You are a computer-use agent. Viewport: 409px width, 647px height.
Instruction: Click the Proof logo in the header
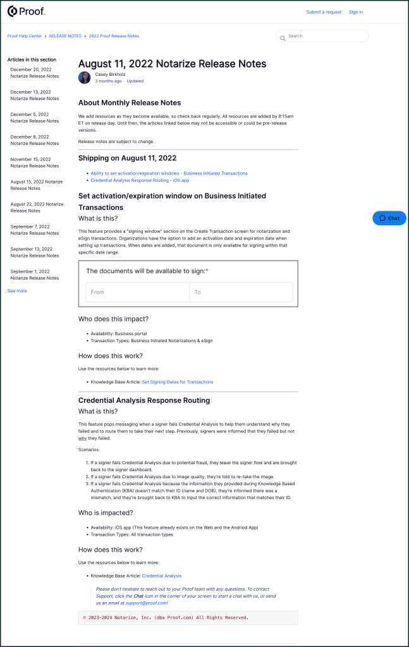pyautogui.click(x=26, y=11)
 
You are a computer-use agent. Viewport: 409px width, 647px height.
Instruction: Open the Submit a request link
pyautogui.click(x=324, y=12)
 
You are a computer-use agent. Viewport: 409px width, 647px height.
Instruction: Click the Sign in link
pyautogui.click(x=356, y=12)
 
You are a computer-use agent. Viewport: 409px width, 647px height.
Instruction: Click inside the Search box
pyautogui.click(x=326, y=36)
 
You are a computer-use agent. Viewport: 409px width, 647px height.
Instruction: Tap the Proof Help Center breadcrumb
pyautogui.click(x=25, y=36)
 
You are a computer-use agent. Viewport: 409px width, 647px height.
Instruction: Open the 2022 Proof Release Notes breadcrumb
pyautogui.click(x=114, y=36)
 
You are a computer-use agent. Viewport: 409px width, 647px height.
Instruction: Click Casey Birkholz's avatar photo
pyautogui.click(x=85, y=78)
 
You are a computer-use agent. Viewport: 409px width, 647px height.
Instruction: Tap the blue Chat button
pyautogui.click(x=389, y=218)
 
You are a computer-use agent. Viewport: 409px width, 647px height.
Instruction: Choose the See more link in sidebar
pyautogui.click(x=17, y=291)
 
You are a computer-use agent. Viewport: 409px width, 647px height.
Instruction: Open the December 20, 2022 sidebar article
pyautogui.click(x=35, y=73)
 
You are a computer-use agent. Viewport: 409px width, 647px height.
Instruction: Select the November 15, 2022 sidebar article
pyautogui.click(x=35, y=163)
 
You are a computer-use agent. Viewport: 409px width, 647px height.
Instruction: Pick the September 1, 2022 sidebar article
pyautogui.click(x=35, y=274)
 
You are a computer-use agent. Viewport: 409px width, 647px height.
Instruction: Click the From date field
pyautogui.click(x=137, y=292)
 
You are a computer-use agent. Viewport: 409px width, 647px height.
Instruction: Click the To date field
pyautogui.click(x=241, y=292)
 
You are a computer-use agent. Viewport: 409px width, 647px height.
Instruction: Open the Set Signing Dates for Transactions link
pyautogui.click(x=178, y=382)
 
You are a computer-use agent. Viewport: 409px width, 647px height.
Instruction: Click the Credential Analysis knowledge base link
pyautogui.click(x=162, y=576)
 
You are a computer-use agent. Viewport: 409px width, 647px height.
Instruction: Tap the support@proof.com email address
pyautogui.click(x=146, y=603)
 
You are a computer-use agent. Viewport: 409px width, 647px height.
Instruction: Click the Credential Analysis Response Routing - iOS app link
pyautogui.click(x=140, y=180)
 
